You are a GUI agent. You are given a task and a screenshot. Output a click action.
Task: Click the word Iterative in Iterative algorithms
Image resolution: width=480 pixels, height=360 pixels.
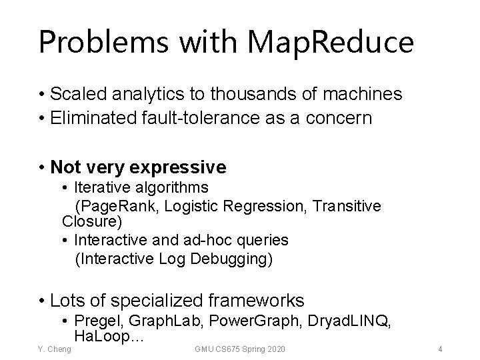coord(99,187)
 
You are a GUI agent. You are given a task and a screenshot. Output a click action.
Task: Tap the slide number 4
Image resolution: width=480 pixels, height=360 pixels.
coord(440,349)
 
